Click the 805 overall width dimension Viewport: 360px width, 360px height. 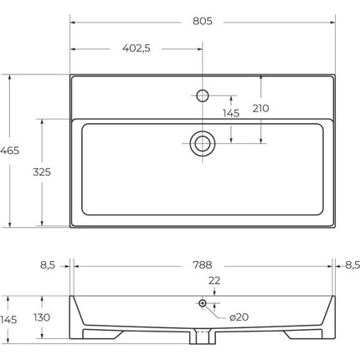click(203, 21)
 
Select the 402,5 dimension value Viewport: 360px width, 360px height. click(136, 49)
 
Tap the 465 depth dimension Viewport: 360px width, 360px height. click(10, 151)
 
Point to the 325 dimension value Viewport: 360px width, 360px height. click(42, 172)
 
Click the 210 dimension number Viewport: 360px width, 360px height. click(261, 108)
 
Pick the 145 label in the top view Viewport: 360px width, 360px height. click(231, 113)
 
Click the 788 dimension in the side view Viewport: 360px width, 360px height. click(203, 265)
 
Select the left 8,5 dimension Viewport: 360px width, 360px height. click(48, 265)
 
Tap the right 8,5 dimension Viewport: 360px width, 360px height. click(352, 265)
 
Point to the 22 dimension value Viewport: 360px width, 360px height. click(214, 280)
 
